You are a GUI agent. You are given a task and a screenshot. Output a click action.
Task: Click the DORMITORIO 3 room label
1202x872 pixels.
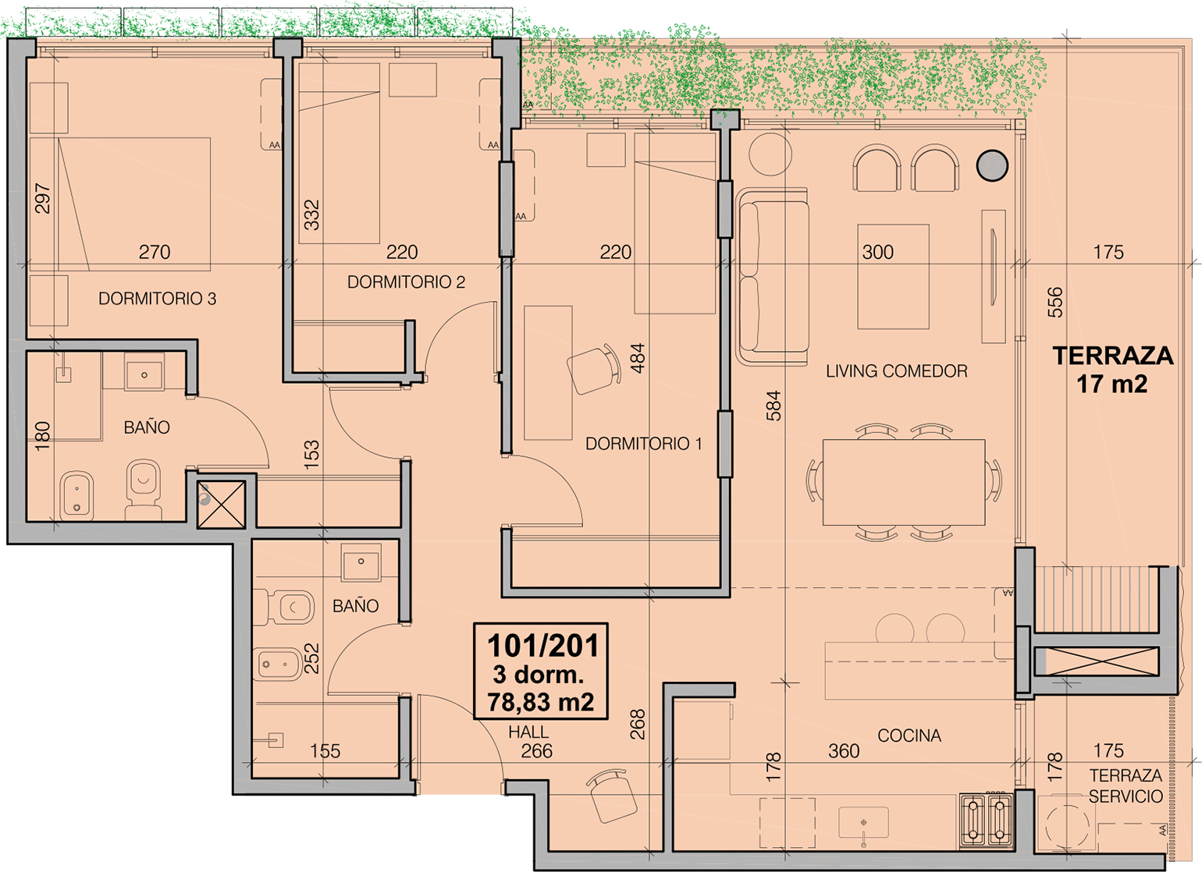click(157, 299)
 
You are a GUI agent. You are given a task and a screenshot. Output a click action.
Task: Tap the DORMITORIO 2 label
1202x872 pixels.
click(406, 282)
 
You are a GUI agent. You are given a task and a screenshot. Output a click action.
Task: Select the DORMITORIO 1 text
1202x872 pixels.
click(643, 444)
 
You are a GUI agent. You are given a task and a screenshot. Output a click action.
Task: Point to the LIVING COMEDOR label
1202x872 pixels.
click(897, 371)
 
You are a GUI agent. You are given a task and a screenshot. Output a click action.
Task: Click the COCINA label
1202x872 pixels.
click(909, 736)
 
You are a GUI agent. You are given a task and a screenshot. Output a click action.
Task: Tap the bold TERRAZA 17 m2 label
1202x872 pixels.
click(1112, 370)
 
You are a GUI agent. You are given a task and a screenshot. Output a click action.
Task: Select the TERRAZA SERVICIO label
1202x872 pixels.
click(1126, 785)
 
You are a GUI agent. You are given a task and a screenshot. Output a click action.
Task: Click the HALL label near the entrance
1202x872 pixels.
click(528, 732)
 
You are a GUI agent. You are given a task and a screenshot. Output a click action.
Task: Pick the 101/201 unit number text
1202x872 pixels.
click(542, 647)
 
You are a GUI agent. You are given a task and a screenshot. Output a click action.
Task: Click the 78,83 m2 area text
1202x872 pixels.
click(541, 702)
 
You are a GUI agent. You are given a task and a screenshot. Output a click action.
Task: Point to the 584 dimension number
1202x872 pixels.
click(773, 406)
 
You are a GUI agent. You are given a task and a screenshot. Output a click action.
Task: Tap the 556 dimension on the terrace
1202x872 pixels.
click(1055, 303)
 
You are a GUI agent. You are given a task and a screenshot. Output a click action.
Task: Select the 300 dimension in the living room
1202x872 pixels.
click(878, 252)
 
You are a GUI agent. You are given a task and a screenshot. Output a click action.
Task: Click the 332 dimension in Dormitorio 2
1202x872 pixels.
click(311, 215)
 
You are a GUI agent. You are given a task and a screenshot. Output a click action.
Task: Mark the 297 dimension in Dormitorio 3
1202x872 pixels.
click(42, 199)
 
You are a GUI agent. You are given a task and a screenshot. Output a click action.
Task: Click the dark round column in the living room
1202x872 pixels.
click(992, 165)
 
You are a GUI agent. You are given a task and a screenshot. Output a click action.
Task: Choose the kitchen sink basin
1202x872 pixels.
click(863, 823)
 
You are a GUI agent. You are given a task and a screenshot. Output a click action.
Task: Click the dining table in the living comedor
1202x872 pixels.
click(904, 482)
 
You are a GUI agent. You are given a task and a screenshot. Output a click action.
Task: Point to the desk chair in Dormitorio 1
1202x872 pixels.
click(594, 370)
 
